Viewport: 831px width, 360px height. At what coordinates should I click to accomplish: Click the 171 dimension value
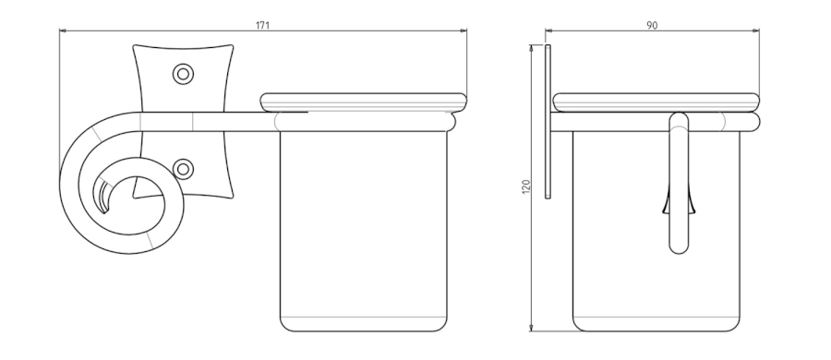coord(262,25)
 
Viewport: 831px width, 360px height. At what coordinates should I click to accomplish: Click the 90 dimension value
coord(652,25)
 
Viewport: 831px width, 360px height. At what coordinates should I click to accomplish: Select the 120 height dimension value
coord(525,186)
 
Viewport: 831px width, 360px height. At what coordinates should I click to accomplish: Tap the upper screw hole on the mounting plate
coord(183,74)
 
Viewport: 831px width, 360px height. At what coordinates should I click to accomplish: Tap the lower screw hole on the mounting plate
coord(183,169)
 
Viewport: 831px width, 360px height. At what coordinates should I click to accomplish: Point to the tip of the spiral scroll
coord(104,211)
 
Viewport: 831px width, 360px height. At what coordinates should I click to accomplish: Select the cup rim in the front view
coord(364,102)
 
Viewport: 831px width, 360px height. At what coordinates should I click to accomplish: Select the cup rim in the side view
coord(656,102)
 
